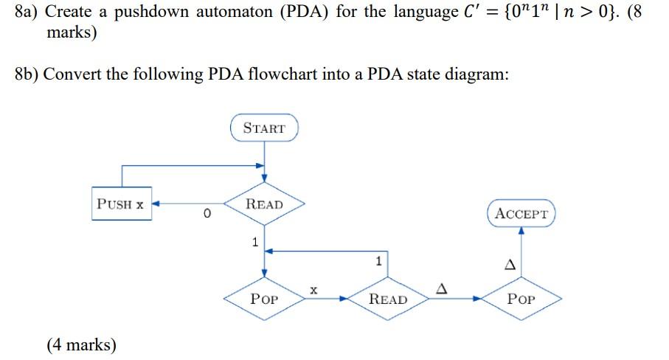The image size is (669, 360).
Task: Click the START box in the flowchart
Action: pyautogui.click(x=264, y=128)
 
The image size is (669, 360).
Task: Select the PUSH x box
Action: pyautogui.click(x=122, y=204)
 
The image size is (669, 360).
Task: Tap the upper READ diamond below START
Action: pyautogui.click(x=264, y=204)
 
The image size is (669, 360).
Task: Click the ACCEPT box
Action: pyautogui.click(x=521, y=214)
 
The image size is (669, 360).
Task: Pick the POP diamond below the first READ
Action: pyautogui.click(x=264, y=299)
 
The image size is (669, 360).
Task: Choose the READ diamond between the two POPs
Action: pyautogui.click(x=387, y=299)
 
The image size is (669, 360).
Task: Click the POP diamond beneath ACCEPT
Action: pyautogui.click(x=521, y=299)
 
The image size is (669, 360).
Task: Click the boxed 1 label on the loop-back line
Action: pyautogui.click(x=378, y=260)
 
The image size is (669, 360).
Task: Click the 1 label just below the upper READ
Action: pyautogui.click(x=254, y=241)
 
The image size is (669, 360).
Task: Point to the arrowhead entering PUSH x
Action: pyautogui.click(x=156, y=204)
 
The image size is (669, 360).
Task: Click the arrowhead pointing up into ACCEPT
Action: pyautogui.click(x=521, y=230)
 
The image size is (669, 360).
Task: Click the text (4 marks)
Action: pyautogui.click(x=81, y=344)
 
